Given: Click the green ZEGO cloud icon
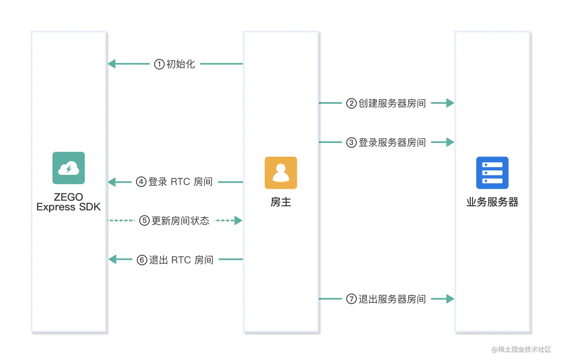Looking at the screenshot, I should [69, 168].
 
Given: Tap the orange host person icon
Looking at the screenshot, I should [281, 173].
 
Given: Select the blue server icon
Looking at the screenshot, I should [492, 173].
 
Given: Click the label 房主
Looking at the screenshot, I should [281, 202].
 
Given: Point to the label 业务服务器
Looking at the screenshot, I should [492, 202].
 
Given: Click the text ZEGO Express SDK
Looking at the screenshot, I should [69, 202].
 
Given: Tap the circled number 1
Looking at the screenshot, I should [159, 64].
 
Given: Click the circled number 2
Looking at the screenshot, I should [351, 103].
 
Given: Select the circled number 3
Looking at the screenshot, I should [351, 143].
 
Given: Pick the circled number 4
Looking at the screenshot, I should [141, 182].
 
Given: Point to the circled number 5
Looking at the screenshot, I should [144, 221].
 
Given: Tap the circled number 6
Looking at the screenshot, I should [142, 260].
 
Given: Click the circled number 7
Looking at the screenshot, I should [351, 299].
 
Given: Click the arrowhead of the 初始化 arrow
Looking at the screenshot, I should [112, 64].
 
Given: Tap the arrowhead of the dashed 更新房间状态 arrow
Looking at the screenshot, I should [238, 220].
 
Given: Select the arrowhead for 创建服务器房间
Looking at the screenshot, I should [450, 103].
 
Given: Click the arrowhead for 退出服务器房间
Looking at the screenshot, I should [450, 298].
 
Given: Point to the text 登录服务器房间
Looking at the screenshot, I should [392, 143].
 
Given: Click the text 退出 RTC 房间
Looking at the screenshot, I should [181, 260].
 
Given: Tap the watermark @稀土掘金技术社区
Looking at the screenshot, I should [521, 349].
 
